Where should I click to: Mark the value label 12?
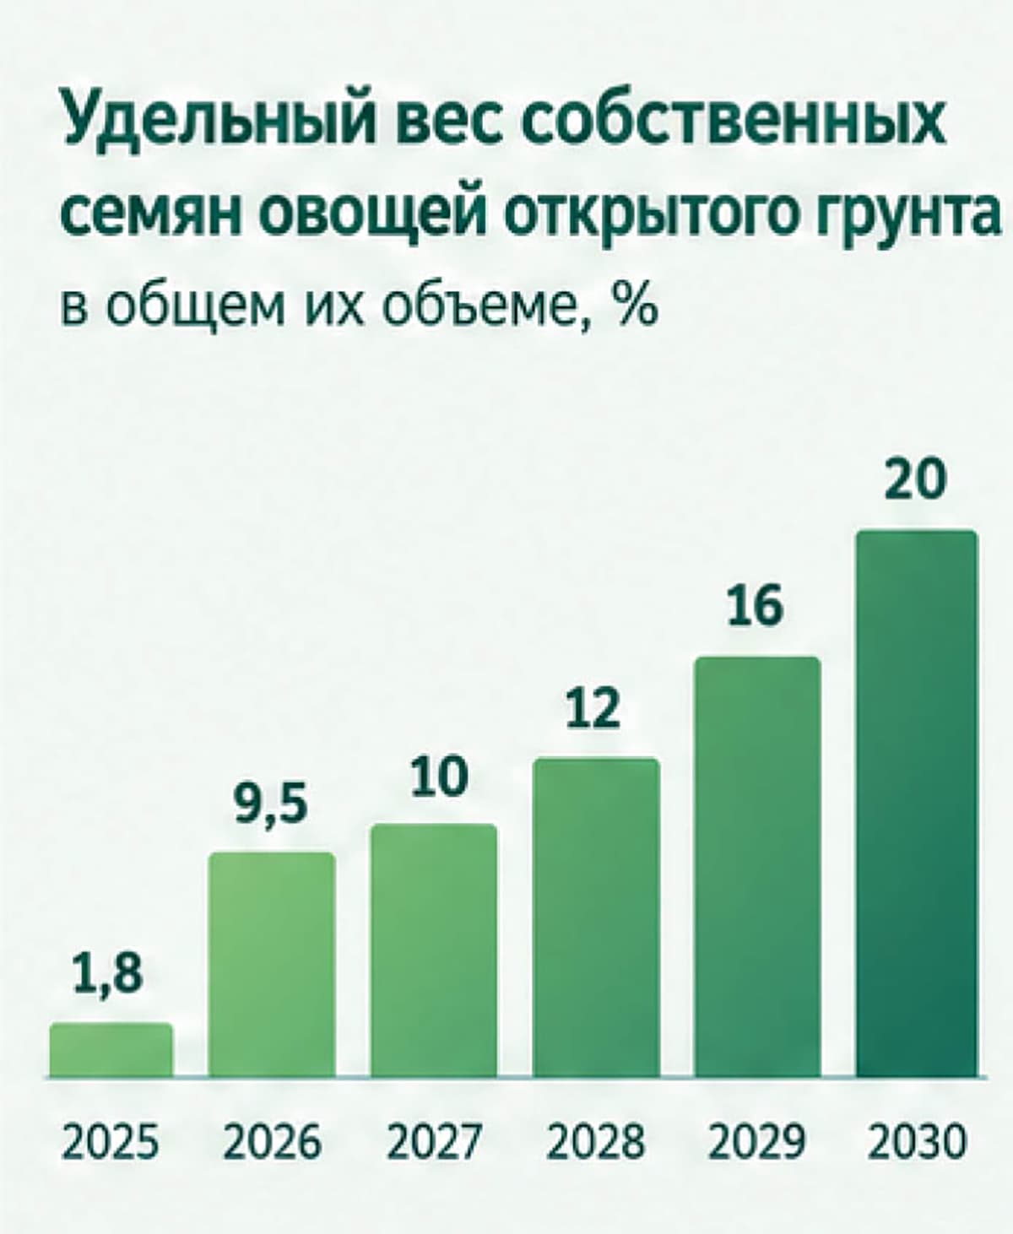click(x=593, y=708)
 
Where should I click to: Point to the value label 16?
click(x=755, y=607)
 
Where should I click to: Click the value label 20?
click(x=915, y=479)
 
